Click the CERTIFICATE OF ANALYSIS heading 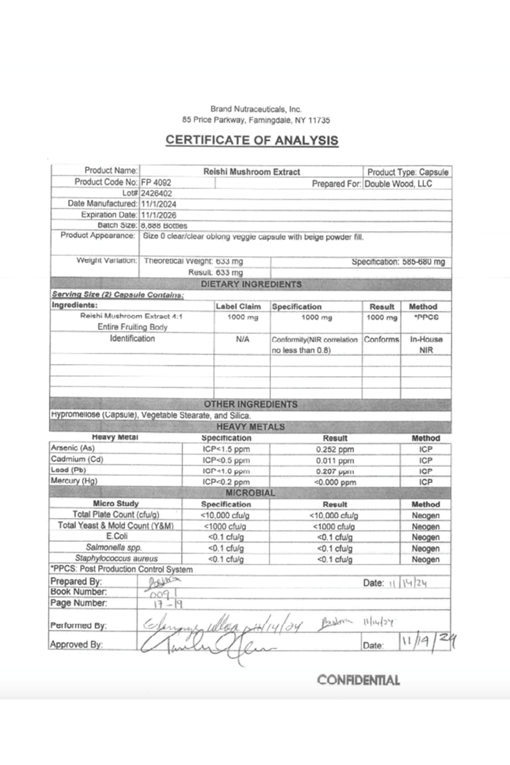(252, 140)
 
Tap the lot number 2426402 (156, 193)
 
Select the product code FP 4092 (156, 183)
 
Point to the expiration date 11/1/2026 (159, 215)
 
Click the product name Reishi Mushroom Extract (252, 172)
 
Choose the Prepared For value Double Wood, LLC (398, 184)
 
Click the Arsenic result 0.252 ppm (335, 450)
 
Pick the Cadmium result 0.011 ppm (335, 461)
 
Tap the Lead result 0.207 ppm (335, 471)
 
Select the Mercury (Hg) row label (74, 481)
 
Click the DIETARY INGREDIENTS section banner (251, 284)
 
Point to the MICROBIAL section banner (250, 493)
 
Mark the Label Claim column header (238, 306)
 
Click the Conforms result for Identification (381, 340)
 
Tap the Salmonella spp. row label (114, 548)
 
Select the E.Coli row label (117, 537)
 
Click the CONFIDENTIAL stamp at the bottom (358, 680)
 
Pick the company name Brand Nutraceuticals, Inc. (256, 109)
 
